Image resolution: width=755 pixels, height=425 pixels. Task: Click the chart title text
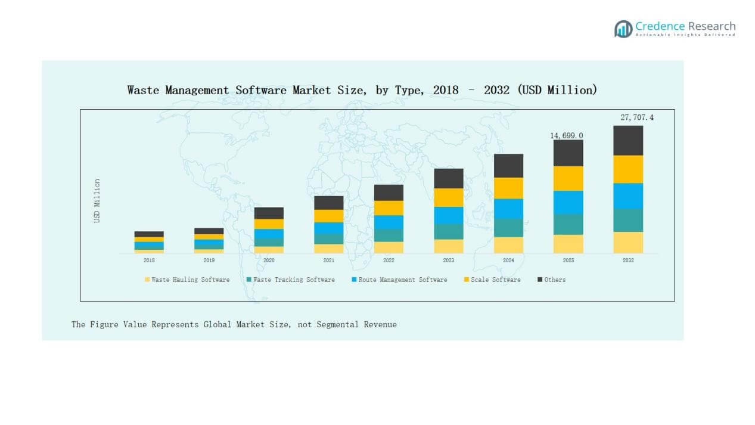(x=362, y=90)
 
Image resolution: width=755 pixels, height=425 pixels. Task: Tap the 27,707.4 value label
(x=636, y=117)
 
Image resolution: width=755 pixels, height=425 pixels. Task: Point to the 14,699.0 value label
(x=566, y=136)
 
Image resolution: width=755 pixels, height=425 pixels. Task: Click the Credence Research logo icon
(x=623, y=29)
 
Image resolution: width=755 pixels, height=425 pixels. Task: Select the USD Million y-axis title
(x=97, y=201)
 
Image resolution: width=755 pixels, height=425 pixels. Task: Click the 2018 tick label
(x=149, y=260)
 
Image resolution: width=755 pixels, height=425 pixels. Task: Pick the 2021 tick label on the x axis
(x=328, y=260)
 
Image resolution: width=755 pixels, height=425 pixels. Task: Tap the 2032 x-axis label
(x=628, y=260)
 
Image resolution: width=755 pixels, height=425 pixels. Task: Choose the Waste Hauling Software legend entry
(x=187, y=280)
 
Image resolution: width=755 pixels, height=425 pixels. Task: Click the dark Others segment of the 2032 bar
(x=628, y=140)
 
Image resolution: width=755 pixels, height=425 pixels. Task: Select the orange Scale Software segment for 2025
(x=568, y=178)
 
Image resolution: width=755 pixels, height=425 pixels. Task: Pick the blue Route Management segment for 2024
(x=508, y=209)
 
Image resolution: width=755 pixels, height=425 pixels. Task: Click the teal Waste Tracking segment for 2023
(x=448, y=231)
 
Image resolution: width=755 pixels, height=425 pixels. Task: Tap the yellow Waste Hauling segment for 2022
(x=389, y=247)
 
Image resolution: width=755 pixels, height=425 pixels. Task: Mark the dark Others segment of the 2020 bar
(x=269, y=213)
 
